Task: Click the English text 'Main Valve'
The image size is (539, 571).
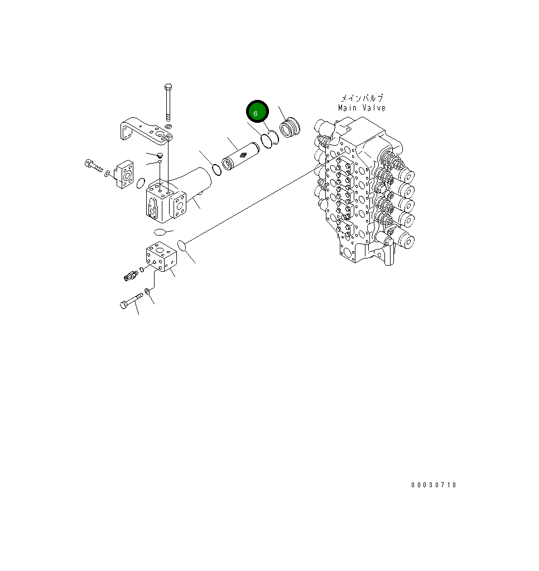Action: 362,108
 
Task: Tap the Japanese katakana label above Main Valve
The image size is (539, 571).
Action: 362,98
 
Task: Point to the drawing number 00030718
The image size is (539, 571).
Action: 434,485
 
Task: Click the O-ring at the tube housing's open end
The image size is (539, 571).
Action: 216,168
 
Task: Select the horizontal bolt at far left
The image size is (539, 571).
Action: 93,166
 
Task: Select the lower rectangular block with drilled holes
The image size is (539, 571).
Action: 161,257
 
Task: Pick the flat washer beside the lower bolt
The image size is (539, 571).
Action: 147,291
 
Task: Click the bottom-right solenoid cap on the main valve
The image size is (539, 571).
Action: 405,242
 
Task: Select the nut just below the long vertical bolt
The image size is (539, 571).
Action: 169,128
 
